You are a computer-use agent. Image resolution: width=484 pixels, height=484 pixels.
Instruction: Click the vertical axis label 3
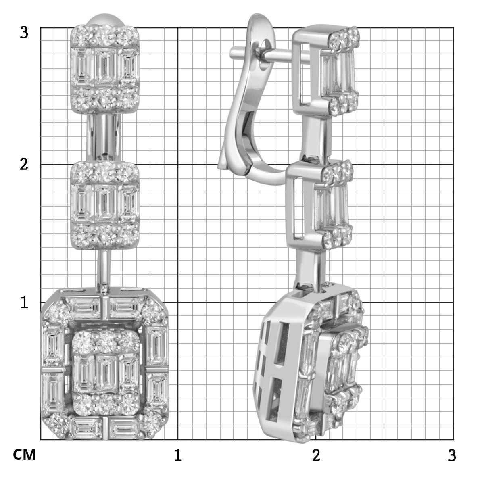(x=24, y=33)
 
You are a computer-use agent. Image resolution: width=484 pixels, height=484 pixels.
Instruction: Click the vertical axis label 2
(x=24, y=165)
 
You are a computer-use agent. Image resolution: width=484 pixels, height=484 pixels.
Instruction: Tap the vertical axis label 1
(x=24, y=302)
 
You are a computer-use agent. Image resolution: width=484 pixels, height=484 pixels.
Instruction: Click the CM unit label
(x=24, y=455)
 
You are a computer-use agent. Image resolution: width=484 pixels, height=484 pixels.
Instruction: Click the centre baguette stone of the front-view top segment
(x=105, y=67)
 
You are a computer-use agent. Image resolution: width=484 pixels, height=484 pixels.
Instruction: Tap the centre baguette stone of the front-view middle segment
(x=105, y=203)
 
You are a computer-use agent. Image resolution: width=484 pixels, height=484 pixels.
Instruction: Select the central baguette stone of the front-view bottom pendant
(x=107, y=373)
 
